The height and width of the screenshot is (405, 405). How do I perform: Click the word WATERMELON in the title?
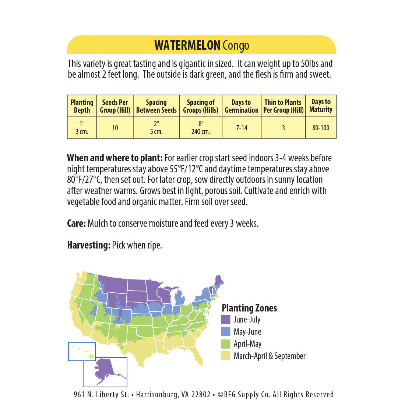[x=187, y=45]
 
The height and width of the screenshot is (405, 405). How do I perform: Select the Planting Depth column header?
[x=82, y=106]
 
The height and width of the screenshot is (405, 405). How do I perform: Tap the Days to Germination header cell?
[x=241, y=106]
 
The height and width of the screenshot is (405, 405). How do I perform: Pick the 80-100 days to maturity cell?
[x=321, y=128]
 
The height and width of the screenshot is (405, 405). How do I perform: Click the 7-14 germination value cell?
[x=242, y=128]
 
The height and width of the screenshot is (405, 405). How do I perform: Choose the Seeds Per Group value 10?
[x=115, y=128]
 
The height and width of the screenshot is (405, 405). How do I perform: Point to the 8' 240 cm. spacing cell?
[x=200, y=128]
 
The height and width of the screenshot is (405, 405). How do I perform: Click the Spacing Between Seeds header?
[x=156, y=106]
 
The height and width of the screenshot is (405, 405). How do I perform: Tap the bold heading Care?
[x=77, y=223]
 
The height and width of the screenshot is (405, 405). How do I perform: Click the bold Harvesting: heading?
[x=88, y=245]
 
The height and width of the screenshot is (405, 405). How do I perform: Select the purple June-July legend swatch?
[x=226, y=319]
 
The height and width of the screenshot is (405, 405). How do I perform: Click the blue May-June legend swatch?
[x=226, y=331]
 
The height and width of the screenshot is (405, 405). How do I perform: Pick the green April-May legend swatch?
[x=226, y=344]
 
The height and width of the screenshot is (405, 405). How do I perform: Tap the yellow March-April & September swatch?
[x=226, y=356]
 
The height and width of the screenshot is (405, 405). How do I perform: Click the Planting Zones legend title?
[x=249, y=308]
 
